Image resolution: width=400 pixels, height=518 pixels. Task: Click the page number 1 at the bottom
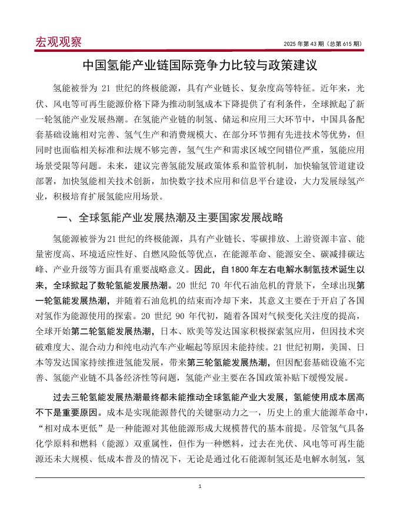(200, 486)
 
